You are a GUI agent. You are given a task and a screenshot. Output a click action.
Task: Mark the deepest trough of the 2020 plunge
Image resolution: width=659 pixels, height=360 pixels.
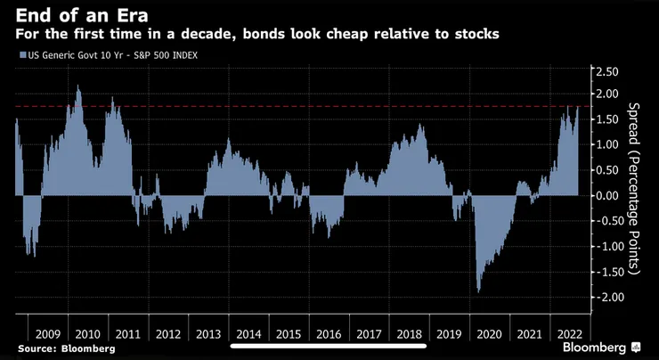[479, 290]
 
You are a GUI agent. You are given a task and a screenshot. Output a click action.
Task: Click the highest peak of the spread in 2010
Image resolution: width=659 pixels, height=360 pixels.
[78, 86]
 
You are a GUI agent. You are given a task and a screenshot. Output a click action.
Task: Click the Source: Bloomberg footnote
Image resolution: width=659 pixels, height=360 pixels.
[65, 348]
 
